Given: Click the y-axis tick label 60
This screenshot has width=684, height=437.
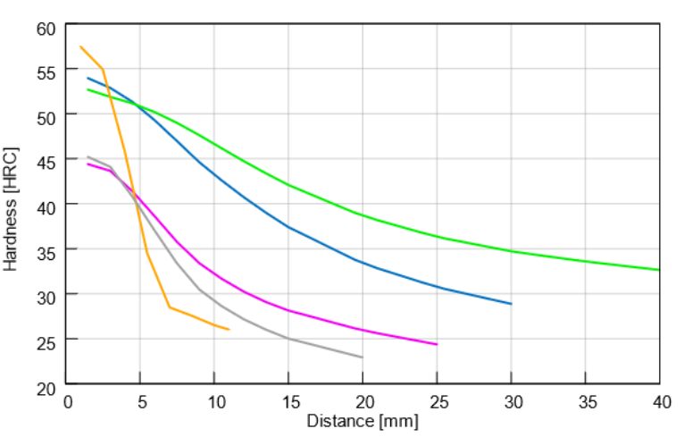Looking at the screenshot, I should [46, 28].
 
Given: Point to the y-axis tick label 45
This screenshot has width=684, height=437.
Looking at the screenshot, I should [46, 162].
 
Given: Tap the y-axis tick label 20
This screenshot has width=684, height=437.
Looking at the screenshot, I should [46, 385].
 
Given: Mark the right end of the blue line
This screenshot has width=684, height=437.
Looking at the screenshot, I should [511, 304].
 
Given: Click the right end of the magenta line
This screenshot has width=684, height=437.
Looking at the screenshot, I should [437, 344].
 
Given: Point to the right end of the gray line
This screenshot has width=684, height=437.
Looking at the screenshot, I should [363, 357].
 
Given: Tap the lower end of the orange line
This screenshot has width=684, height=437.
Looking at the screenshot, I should [229, 330].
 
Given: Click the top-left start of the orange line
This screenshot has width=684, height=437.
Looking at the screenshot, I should [80, 46].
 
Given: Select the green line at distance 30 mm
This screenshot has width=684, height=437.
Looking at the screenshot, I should [511, 251].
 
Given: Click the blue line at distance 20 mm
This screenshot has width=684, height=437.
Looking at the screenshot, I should [363, 263].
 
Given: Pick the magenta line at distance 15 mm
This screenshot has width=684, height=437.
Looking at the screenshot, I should [288, 310].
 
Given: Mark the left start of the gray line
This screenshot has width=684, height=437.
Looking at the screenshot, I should [88, 156].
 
